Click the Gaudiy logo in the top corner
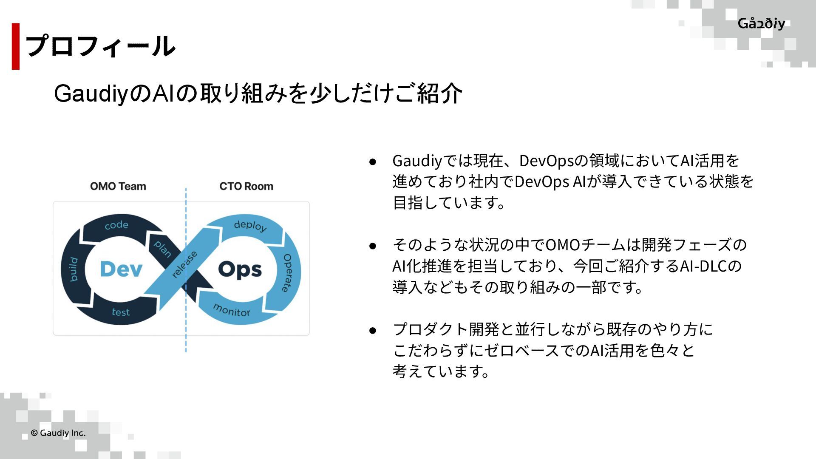[x=761, y=23]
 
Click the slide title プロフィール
[x=100, y=46]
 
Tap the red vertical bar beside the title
[x=16, y=46]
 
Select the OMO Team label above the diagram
[x=118, y=186]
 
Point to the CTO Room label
[x=246, y=186]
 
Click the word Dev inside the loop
[x=121, y=269]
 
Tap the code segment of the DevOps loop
[x=116, y=225]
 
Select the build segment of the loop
[x=74, y=269]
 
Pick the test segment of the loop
[x=121, y=312]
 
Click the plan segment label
[x=162, y=249]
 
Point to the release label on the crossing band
[x=184, y=264]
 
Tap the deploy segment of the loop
[x=250, y=225]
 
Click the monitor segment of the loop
[x=232, y=310]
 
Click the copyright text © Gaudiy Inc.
[x=58, y=433]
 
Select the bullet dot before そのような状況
[x=373, y=246]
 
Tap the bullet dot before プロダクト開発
[x=373, y=330]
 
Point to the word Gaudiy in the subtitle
[x=91, y=93]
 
